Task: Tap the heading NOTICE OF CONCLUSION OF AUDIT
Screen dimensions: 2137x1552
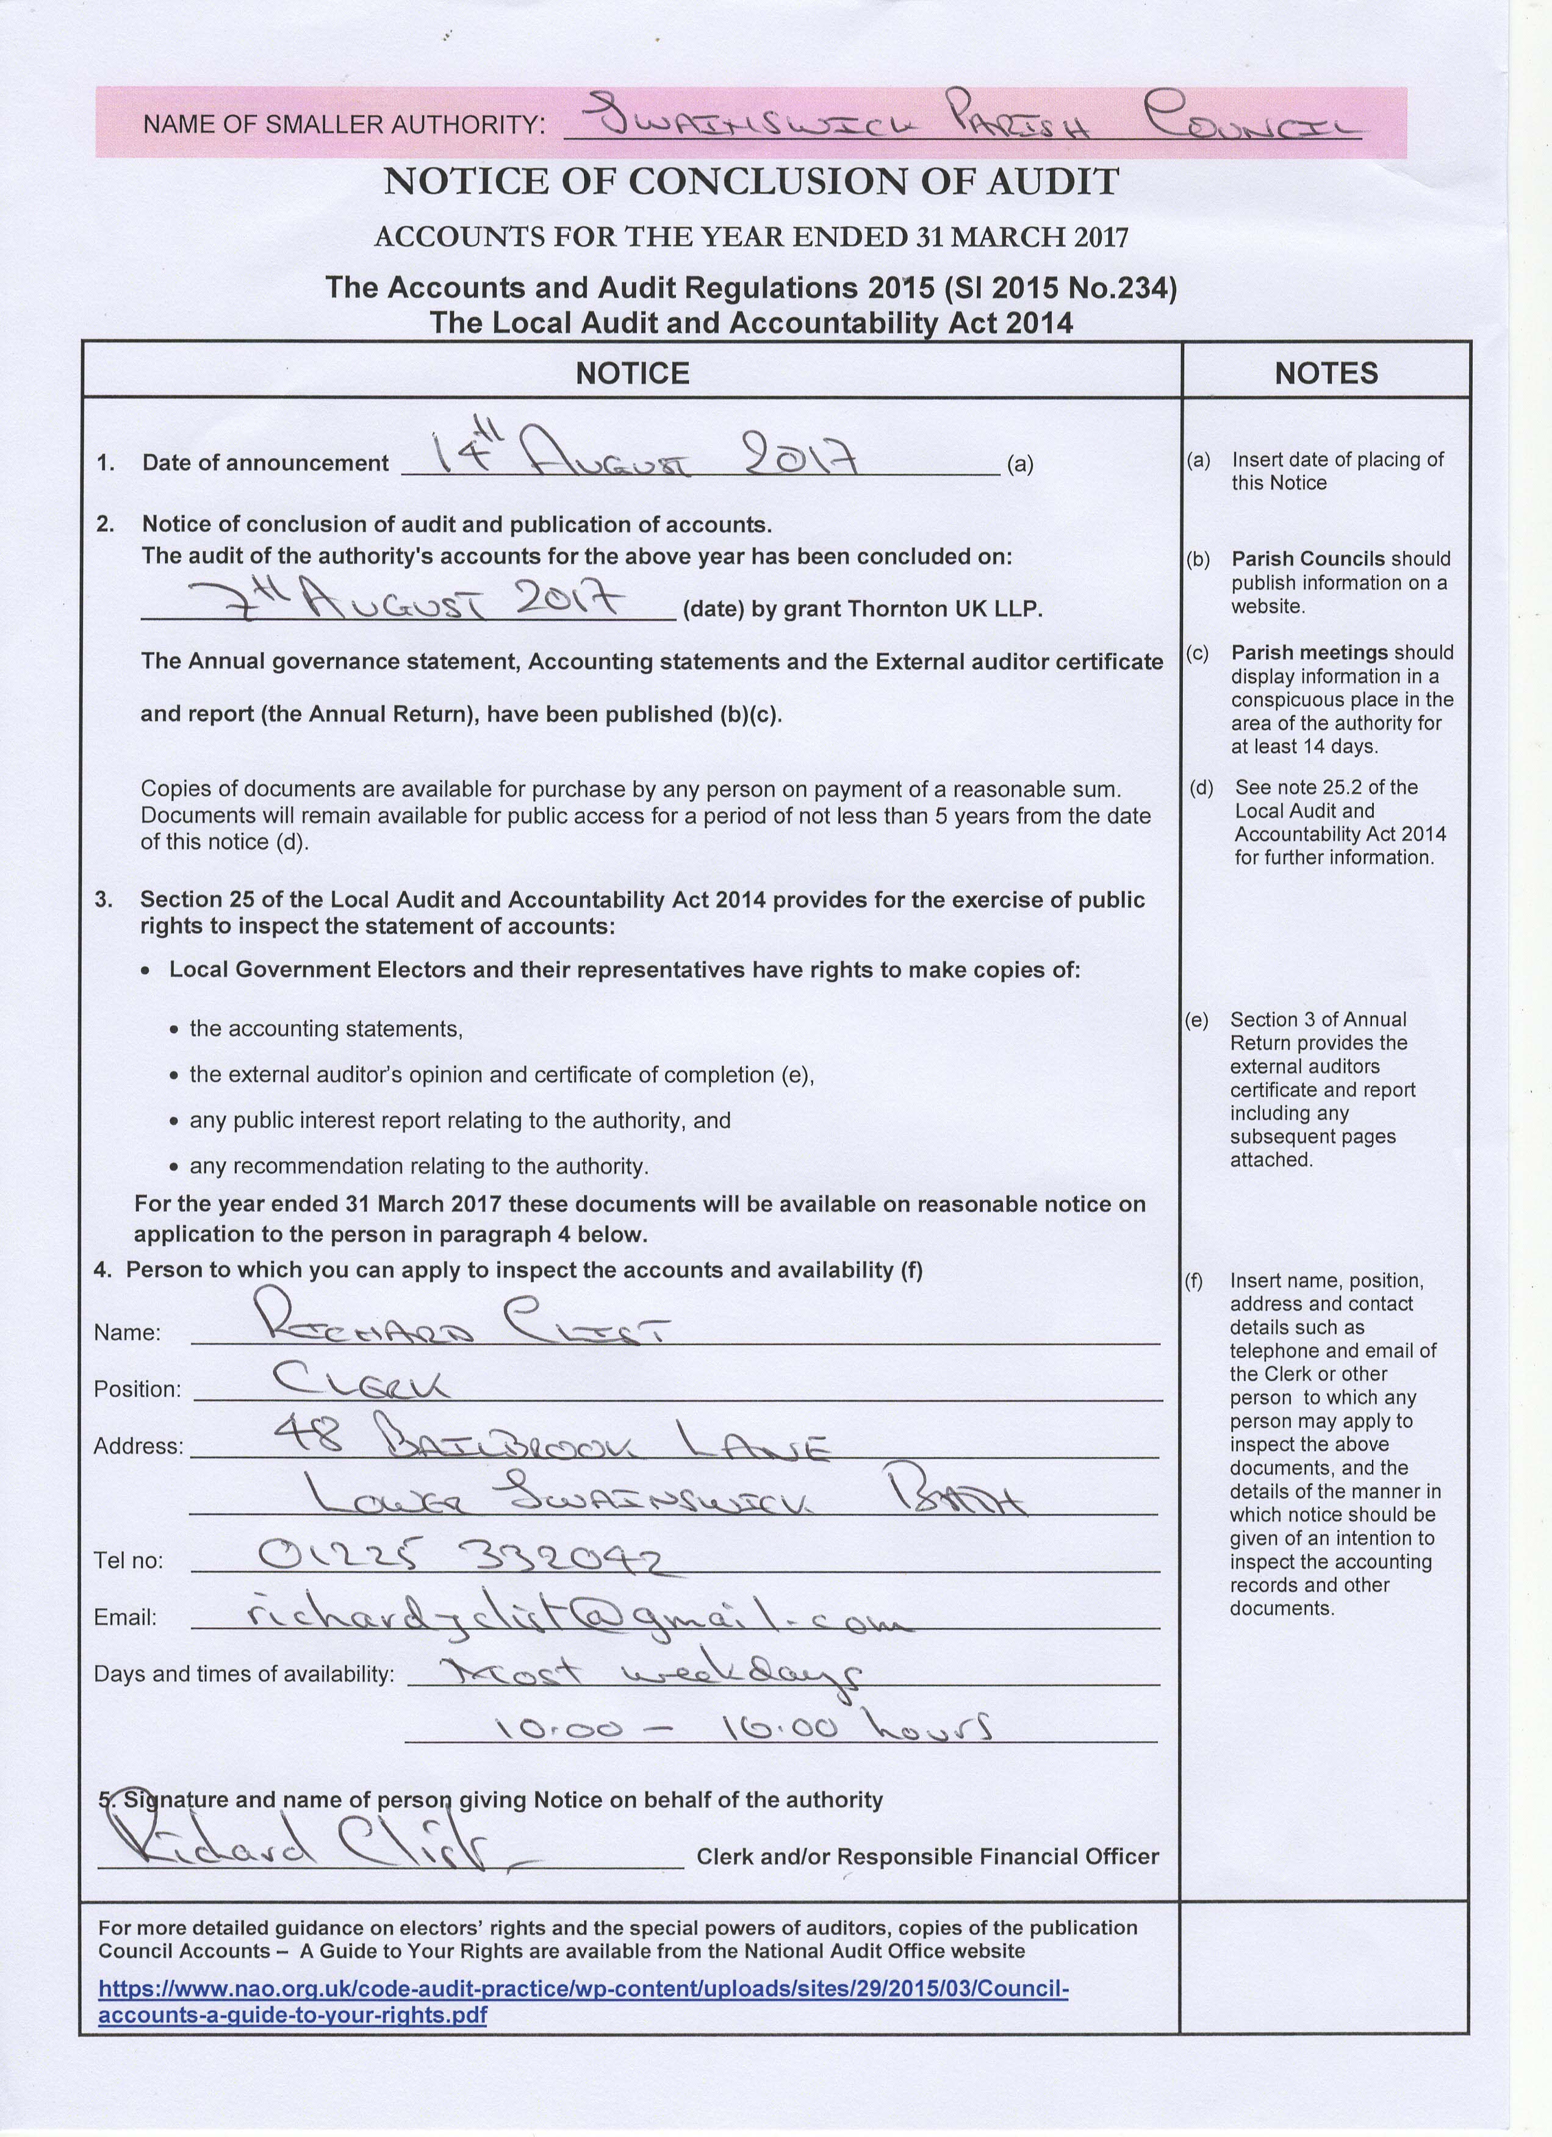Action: pyautogui.click(x=750, y=182)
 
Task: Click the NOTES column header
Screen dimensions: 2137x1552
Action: pyautogui.click(x=1325, y=373)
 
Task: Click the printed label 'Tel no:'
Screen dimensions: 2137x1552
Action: pyautogui.click(x=128, y=1560)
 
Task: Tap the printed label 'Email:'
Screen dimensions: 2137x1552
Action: pyautogui.click(x=125, y=1618)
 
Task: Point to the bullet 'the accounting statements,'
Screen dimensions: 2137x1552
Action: pyautogui.click(x=326, y=1028)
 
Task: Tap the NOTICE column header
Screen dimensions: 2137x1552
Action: pyautogui.click(x=632, y=373)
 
